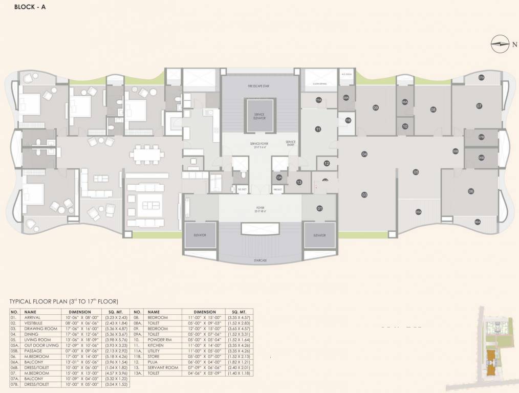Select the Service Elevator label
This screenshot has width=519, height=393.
tap(260, 116)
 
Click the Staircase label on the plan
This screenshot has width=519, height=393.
tap(260, 260)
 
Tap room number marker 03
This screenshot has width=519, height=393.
tap(364, 195)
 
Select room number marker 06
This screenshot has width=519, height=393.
tap(470, 191)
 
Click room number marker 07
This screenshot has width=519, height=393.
tap(479, 106)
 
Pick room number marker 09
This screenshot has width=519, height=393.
tap(375, 107)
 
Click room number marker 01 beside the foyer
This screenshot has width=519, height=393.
tap(319, 208)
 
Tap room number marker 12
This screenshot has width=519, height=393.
tap(327, 164)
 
